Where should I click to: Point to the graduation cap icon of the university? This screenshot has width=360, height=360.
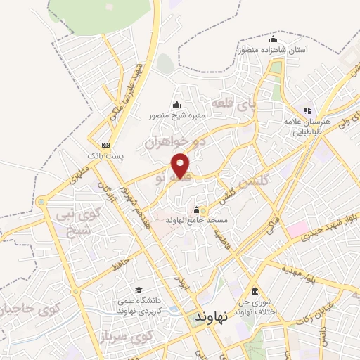(x=139, y=290)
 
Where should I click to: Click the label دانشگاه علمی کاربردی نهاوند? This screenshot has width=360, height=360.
(x=139, y=305)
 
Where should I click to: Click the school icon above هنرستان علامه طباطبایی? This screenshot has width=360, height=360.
(x=307, y=110)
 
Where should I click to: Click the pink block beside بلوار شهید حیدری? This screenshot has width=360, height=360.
(x=296, y=229)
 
